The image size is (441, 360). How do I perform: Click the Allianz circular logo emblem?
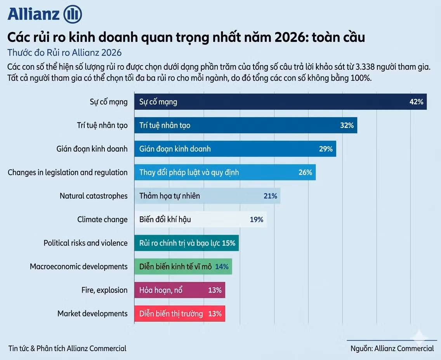click(x=73, y=14)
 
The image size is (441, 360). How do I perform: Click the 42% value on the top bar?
click(x=416, y=102)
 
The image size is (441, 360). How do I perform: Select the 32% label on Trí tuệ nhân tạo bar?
click(x=347, y=125)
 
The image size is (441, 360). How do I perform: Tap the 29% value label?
click(x=326, y=149)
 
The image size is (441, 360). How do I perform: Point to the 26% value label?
click(x=305, y=172)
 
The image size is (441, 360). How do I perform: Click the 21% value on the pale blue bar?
click(x=270, y=196)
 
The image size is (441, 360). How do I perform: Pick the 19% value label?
click(x=257, y=220)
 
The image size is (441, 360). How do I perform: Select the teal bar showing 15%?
click(x=186, y=243)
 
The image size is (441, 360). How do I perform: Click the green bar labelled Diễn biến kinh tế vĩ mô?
click(x=183, y=267)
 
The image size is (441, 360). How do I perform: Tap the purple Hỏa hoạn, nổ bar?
click(x=180, y=290)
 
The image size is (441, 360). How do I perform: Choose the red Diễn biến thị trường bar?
click(x=180, y=313)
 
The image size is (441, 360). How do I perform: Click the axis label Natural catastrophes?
click(x=94, y=196)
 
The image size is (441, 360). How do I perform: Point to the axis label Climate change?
click(x=102, y=220)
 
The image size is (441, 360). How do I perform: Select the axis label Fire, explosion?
click(x=104, y=290)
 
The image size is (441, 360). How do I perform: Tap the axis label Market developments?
click(x=92, y=313)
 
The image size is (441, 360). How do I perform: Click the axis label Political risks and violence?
click(x=85, y=243)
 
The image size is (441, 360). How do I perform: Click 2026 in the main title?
click(x=287, y=37)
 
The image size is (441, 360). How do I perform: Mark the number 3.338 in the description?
click(x=365, y=67)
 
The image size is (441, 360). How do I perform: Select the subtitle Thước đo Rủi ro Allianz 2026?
click(x=64, y=53)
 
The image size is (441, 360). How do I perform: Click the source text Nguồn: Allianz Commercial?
click(x=392, y=348)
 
